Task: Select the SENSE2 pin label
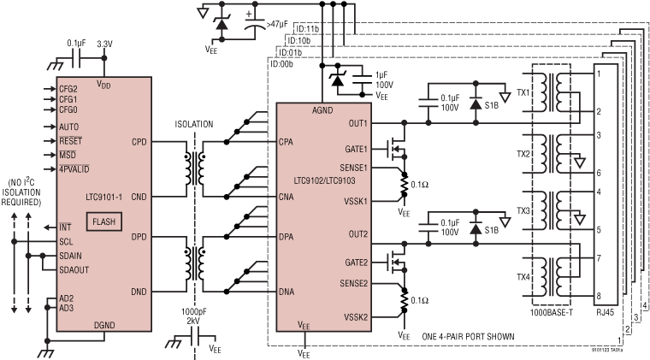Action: pos(353,282)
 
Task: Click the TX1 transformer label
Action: pos(524,91)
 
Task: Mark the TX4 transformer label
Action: pos(524,276)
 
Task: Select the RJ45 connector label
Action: pos(605,314)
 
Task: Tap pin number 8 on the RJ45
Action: pos(600,295)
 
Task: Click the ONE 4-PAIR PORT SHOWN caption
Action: pos(469,336)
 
